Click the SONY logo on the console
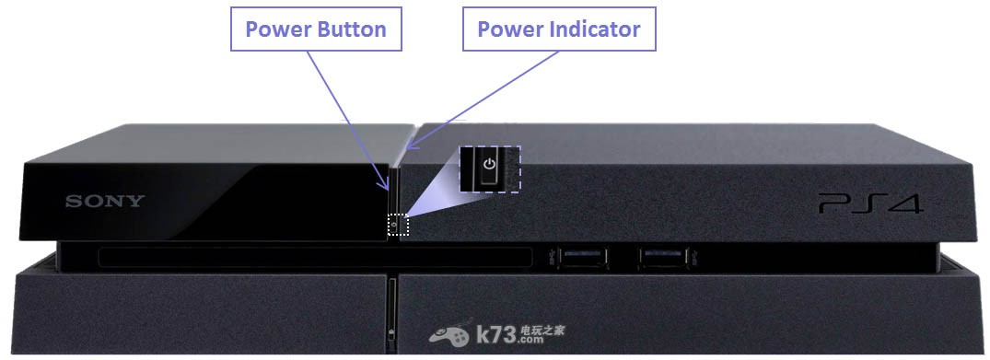105,202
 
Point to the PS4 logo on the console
870,204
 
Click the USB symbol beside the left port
553,257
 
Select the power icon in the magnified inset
489,164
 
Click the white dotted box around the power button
398,215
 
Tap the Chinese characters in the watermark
543,330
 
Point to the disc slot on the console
316,258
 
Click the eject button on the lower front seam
392,333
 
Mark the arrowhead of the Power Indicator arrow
411,146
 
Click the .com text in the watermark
531,340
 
